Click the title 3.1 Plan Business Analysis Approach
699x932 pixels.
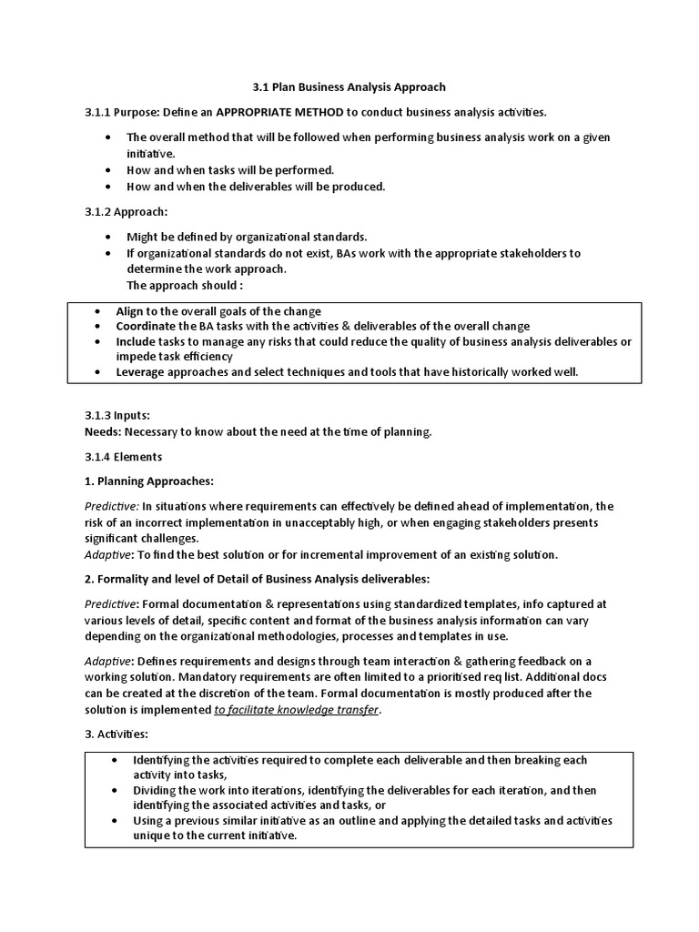pos(349,87)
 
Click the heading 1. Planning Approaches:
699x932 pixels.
pos(148,481)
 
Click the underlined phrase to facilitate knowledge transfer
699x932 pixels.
pos(296,709)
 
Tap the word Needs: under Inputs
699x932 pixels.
pos(103,431)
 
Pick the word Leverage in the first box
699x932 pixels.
pos(143,371)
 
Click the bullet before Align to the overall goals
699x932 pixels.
pos(97,311)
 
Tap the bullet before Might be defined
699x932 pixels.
pos(107,237)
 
